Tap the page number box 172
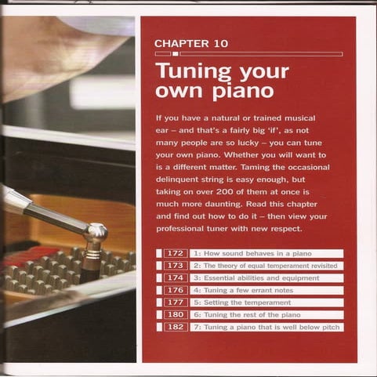(175, 254)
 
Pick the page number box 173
(175, 266)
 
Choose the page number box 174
(175, 278)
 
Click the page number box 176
(175, 290)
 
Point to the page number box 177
(175, 303)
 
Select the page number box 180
(175, 314)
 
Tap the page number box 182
(175, 327)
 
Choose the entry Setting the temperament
(238, 303)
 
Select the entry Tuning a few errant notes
(242, 290)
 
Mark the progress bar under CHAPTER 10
(248, 54)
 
